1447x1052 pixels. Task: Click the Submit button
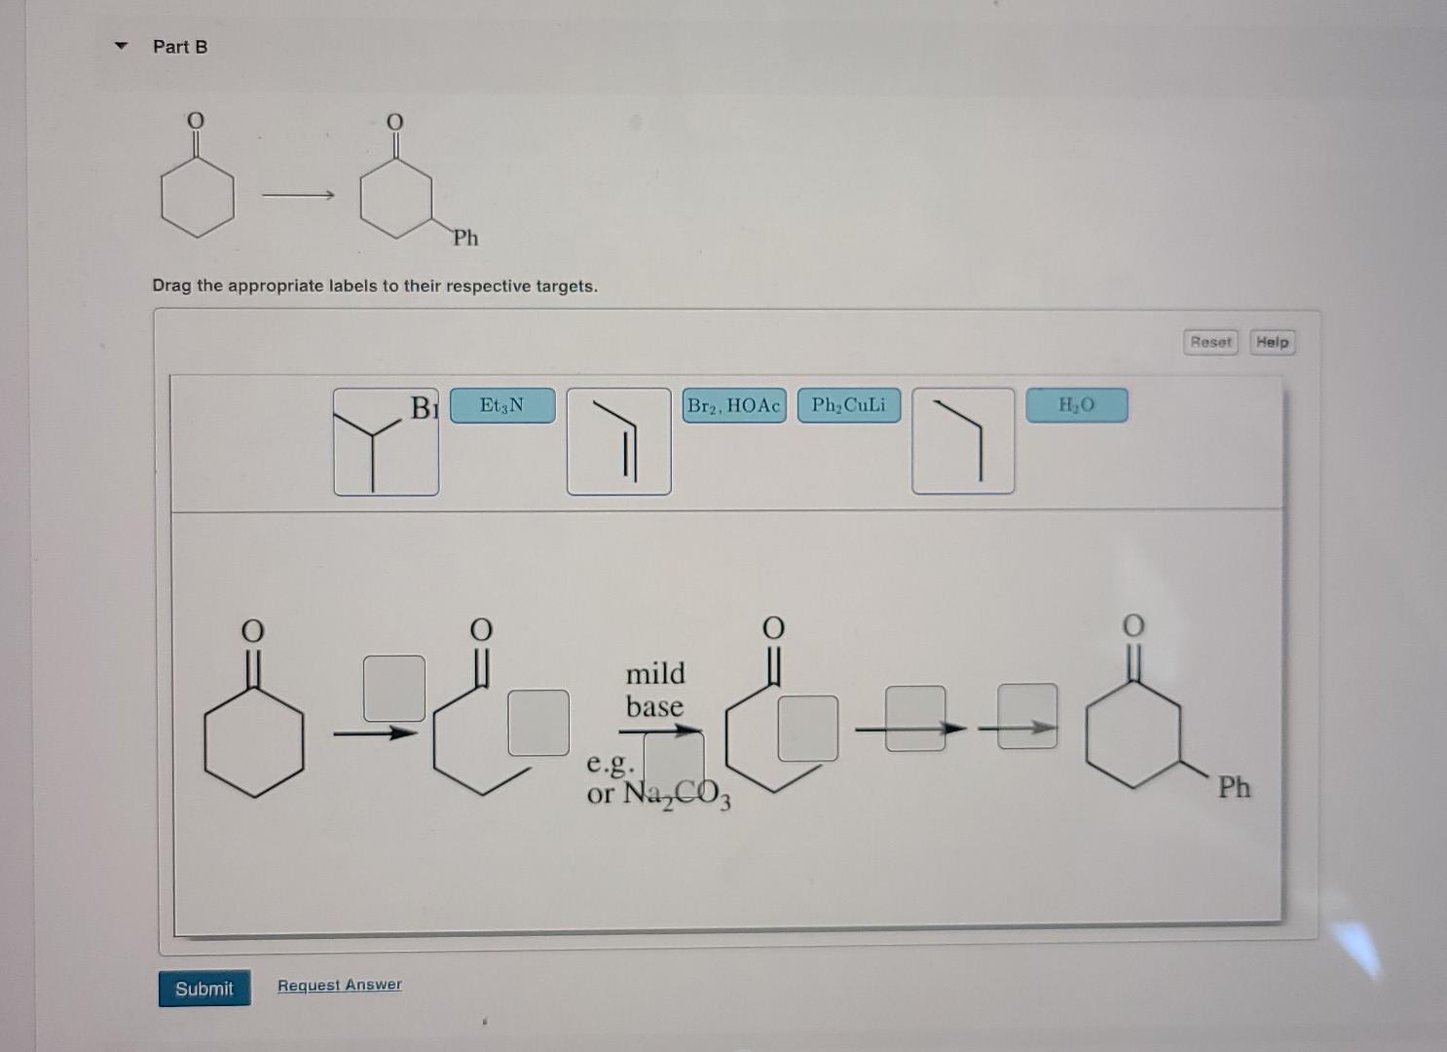point(204,988)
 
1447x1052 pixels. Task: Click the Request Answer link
point(339,985)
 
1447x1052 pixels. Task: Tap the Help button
point(1272,342)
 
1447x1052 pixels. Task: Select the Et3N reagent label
point(502,405)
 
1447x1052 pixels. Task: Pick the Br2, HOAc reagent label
point(734,405)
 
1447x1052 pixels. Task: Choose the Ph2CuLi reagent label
point(848,405)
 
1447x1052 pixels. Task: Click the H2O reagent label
point(1076,405)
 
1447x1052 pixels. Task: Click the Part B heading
point(180,47)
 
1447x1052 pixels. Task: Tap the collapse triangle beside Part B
point(121,46)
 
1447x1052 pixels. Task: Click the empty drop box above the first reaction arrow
point(393,688)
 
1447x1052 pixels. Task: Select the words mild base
point(654,689)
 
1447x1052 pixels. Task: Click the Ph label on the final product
point(1234,787)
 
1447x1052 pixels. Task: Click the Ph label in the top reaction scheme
point(465,238)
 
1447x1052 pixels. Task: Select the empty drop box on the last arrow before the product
point(1027,716)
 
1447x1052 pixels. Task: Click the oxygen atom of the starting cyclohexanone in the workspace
point(252,631)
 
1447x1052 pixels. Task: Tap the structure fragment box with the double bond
point(618,441)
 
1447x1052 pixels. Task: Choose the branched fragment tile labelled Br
point(386,441)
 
